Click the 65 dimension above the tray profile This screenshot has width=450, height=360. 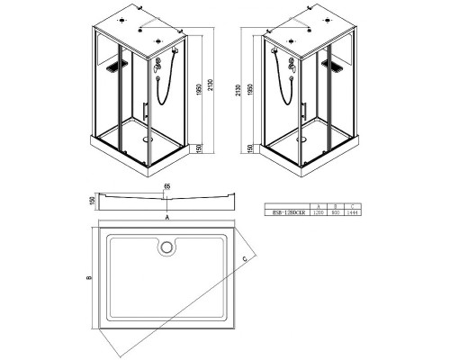coord(167,187)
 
